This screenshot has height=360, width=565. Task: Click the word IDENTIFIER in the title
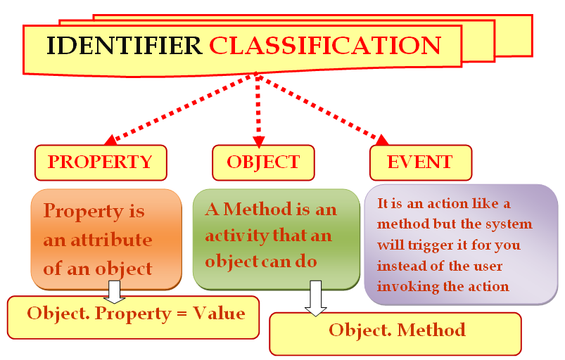(124, 46)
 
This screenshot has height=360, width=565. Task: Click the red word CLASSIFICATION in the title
(325, 46)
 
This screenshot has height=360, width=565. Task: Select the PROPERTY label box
(101, 162)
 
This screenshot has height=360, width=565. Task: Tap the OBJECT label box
(263, 162)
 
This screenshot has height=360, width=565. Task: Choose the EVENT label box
(421, 162)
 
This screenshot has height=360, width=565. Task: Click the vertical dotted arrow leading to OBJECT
(258, 110)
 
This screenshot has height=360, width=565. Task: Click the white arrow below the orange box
(114, 292)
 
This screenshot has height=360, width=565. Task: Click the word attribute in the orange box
(111, 240)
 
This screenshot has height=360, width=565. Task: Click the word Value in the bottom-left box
(219, 313)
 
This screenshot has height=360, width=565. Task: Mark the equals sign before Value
(182, 314)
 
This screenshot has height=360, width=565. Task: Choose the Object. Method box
(395, 334)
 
